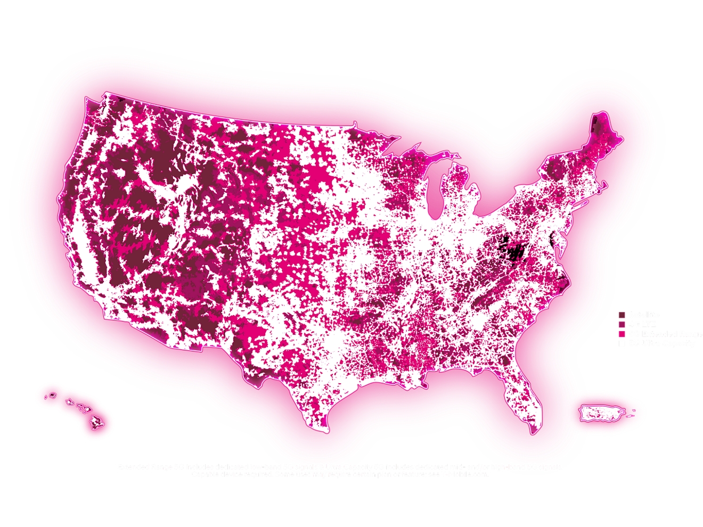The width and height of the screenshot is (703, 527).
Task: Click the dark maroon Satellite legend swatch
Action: [x=622, y=315]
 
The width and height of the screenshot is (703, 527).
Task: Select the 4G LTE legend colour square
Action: [x=622, y=324]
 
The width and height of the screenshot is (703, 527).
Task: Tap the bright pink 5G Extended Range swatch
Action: [x=622, y=334]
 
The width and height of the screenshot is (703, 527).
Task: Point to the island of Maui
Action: [x=86, y=410]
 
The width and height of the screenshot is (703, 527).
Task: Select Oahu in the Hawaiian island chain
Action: [x=69, y=402]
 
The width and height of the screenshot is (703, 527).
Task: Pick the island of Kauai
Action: [x=52, y=396]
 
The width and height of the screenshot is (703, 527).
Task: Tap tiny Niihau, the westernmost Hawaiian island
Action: [x=45, y=397]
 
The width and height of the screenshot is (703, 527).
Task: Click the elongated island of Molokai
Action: [x=79, y=406]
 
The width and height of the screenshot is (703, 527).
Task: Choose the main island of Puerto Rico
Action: [x=601, y=413]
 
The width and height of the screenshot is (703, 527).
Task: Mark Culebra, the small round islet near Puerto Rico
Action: [x=633, y=410]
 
